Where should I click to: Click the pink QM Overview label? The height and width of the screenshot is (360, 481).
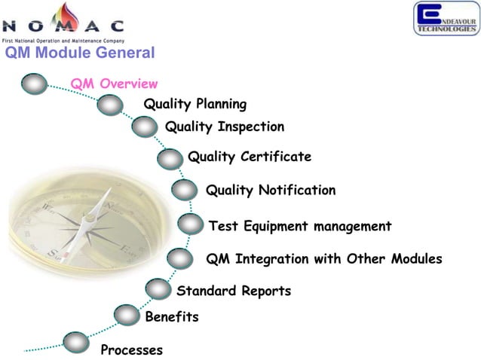(x=114, y=84)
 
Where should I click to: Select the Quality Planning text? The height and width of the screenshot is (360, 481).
(x=195, y=104)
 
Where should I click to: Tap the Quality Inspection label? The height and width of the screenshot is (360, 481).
(x=224, y=127)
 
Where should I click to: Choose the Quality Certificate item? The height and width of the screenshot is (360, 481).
(x=249, y=157)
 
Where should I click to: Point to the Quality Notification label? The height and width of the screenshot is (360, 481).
(x=270, y=190)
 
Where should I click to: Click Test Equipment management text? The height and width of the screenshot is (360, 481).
(x=299, y=226)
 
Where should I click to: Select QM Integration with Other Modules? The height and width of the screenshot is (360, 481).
(x=323, y=259)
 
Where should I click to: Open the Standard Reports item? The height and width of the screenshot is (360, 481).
(x=233, y=291)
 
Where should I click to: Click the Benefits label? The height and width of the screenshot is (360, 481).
(x=171, y=317)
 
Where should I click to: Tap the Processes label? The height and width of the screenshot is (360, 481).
(x=131, y=350)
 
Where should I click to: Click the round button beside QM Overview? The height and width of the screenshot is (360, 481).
(x=35, y=83)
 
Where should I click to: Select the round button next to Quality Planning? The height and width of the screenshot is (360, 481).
(x=110, y=105)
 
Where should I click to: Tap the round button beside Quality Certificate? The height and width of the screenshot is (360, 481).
(x=171, y=158)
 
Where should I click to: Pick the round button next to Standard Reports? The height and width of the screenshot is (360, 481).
(x=158, y=288)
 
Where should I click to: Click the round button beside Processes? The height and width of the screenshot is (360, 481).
(x=76, y=343)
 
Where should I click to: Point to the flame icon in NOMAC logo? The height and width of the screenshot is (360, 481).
(x=72, y=17)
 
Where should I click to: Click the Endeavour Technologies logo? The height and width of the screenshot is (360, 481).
(x=445, y=18)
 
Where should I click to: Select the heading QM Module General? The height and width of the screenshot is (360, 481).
(x=79, y=53)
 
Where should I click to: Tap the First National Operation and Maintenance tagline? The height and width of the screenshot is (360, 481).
(x=63, y=40)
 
